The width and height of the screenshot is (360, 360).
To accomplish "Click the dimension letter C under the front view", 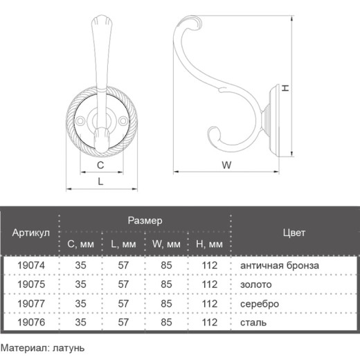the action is [x=100, y=165].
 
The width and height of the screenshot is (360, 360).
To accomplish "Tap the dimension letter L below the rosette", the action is [x=100, y=181].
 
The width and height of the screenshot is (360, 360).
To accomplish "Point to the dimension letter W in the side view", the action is [x=226, y=165].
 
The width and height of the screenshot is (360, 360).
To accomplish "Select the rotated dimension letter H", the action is [x=286, y=88].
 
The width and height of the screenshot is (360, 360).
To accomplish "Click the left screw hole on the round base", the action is [x=80, y=121].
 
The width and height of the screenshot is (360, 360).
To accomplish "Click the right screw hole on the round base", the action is [x=123, y=121].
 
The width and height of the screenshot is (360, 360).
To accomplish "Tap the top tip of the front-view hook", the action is [x=102, y=16].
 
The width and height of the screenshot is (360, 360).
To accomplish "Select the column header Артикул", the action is [x=31, y=233].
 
